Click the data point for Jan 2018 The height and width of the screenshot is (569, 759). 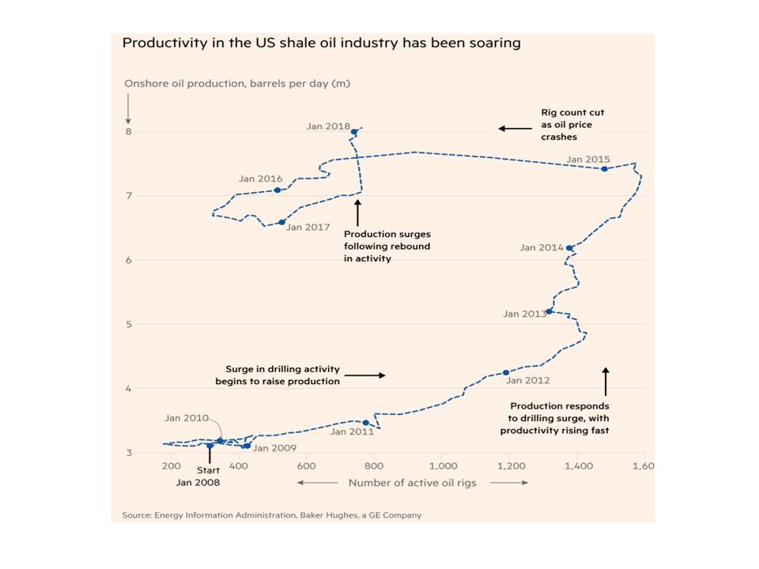354,131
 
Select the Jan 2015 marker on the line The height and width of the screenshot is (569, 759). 604,168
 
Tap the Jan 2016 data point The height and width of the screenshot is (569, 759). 277,190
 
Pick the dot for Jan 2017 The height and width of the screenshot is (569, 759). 281,222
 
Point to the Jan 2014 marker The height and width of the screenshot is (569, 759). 569,247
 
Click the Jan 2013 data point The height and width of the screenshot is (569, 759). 549,311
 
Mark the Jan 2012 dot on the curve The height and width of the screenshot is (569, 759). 506,373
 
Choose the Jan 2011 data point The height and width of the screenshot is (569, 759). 365,423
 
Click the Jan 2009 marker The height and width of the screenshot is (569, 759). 247,446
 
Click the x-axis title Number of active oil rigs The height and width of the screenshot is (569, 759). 413,482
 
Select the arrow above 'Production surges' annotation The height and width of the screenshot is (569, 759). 357,212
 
